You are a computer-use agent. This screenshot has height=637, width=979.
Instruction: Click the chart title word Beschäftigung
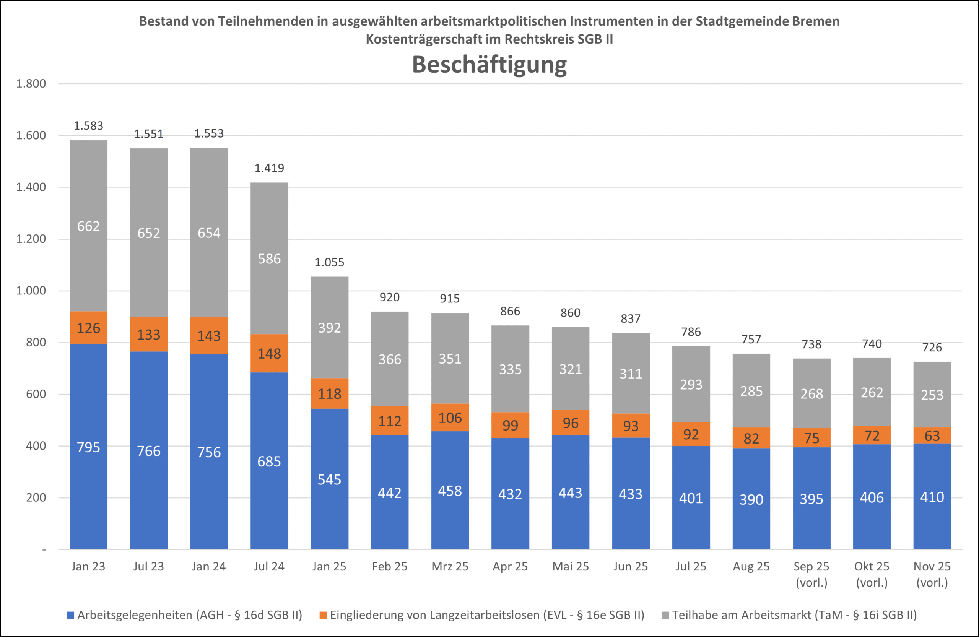coord(489,65)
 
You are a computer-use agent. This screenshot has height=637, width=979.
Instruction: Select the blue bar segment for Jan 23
coord(88,446)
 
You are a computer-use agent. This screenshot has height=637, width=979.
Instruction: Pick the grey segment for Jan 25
coord(329,327)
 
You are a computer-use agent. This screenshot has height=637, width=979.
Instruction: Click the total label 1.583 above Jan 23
coord(88,125)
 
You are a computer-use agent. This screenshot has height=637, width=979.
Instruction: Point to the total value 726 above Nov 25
coord(932,348)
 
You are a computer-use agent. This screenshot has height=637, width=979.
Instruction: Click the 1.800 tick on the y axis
coord(31,83)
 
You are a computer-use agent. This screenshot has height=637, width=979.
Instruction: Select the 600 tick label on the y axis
coord(36,394)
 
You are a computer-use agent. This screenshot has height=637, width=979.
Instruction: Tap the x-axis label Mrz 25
coord(450,566)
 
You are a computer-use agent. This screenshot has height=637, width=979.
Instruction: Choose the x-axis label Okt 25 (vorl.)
coord(872,574)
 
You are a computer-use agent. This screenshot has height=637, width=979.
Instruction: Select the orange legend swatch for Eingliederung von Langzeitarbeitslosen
coord(323,615)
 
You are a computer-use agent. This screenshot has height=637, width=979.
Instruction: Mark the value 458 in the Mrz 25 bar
coord(450,491)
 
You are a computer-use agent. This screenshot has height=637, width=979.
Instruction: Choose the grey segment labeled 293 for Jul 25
coord(691,384)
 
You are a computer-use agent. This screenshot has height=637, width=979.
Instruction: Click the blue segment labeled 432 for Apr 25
coord(510,494)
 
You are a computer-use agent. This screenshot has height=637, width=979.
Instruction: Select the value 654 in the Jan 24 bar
coord(209,233)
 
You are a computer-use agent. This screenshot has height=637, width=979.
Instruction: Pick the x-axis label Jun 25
coord(630,566)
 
